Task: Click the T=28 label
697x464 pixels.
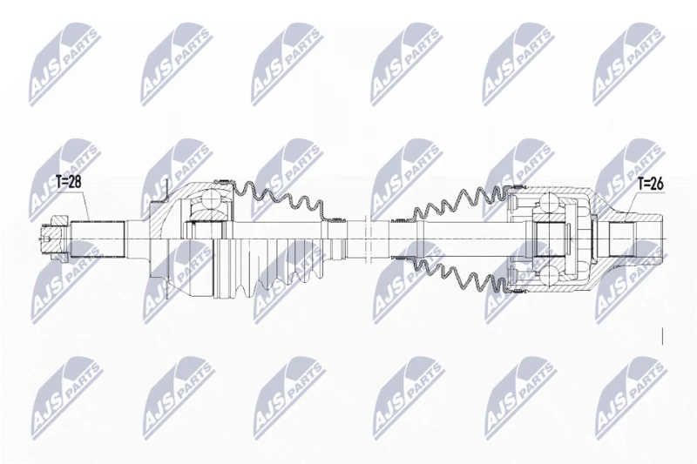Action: coord(68,182)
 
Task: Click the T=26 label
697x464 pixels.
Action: coord(650,184)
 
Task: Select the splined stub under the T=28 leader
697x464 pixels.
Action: coord(97,239)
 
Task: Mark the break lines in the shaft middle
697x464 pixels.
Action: coord(367,239)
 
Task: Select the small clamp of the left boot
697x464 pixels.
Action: coord(336,219)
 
